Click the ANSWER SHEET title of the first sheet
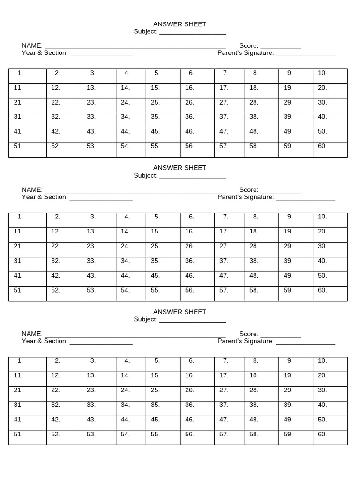point(180,24)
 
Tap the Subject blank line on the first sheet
point(193,33)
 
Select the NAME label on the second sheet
point(31,190)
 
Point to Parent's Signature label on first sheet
point(245,53)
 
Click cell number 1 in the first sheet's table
point(27,76)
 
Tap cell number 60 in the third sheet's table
point(330,437)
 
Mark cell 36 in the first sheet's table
point(197,120)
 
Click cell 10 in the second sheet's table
point(330,220)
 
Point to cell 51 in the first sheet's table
point(27,150)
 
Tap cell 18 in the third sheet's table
point(262,379)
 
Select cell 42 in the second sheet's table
point(64,279)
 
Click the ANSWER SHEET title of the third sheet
point(180,312)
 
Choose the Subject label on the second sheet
point(145,175)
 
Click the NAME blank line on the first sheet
point(135,47)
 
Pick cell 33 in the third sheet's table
point(99,408)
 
